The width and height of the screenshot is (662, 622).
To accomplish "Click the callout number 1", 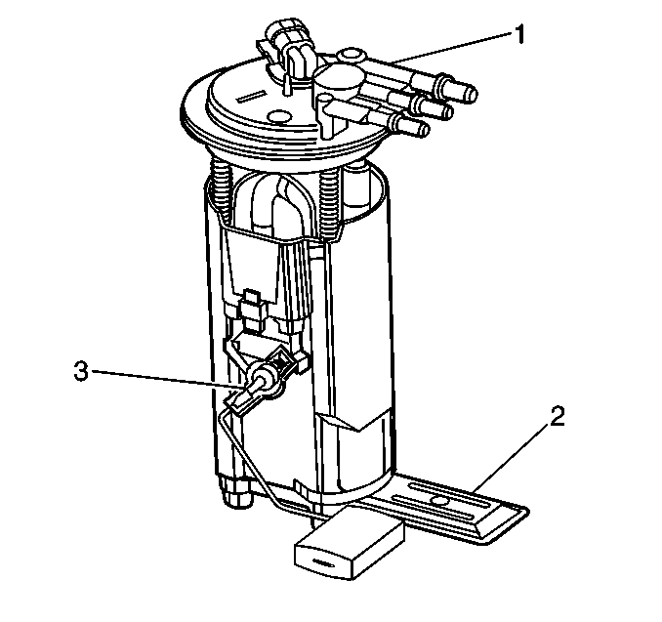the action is pyautogui.click(x=519, y=34).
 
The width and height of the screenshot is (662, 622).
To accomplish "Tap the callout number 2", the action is pyautogui.click(x=557, y=416).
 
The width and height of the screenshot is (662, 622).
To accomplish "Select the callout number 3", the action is pyautogui.click(x=81, y=372).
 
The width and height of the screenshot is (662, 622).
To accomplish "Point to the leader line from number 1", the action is pyautogui.click(x=451, y=48).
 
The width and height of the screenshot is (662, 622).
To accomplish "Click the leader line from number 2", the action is pyautogui.click(x=512, y=458).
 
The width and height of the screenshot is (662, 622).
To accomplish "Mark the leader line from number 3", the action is pyautogui.click(x=168, y=379).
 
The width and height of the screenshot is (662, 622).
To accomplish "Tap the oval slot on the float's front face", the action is pyautogui.click(x=324, y=562).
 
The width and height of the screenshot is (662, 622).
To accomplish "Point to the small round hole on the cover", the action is pyautogui.click(x=279, y=115).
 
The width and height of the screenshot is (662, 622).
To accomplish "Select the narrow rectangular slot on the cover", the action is pyautogui.click(x=250, y=96).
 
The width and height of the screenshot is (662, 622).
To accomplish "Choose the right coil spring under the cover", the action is pyautogui.click(x=331, y=203).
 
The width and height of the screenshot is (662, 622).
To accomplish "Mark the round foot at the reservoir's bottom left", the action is pyautogui.click(x=237, y=492).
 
